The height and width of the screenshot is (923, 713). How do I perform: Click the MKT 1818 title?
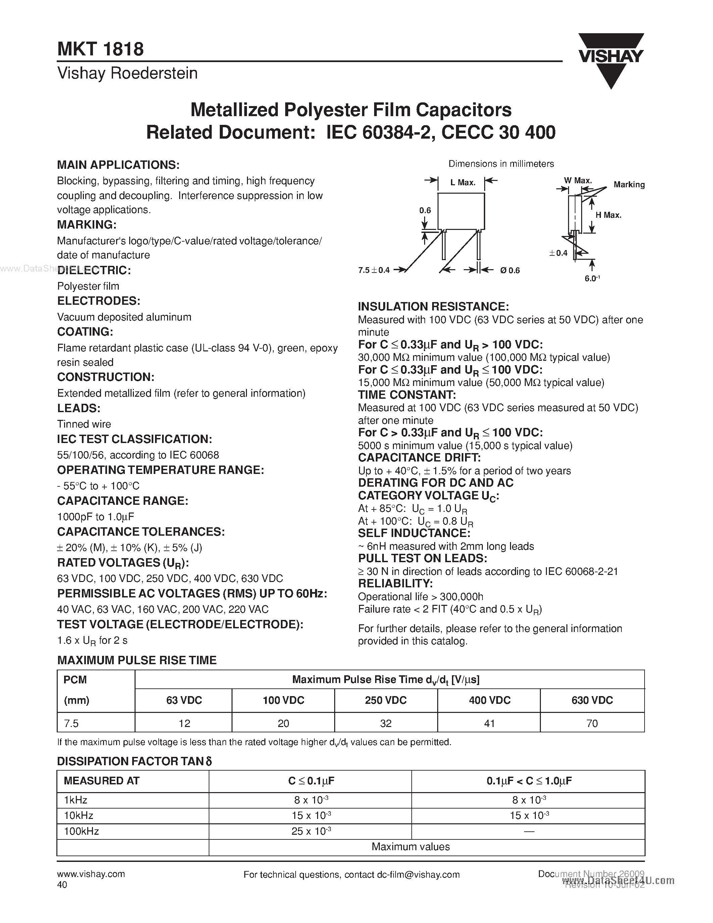[101, 49]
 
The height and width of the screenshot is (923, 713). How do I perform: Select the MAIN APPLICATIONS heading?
[118, 165]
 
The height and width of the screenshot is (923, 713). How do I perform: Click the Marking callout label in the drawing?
[629, 184]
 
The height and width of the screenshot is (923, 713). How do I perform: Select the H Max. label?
[608, 215]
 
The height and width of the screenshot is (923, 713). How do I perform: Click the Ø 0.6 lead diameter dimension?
[509, 271]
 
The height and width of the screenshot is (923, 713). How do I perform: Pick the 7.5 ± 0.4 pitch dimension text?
[374, 270]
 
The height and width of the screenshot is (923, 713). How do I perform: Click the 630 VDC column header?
[592, 700]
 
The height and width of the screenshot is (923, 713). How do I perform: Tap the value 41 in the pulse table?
[489, 724]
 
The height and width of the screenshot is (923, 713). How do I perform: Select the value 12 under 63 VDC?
[184, 724]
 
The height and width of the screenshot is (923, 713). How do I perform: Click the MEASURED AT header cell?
[101, 781]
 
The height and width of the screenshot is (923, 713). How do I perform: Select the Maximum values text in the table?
[411, 846]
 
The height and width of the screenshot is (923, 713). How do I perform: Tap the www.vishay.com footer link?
[91, 874]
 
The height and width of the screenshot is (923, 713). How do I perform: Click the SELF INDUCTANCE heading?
[414, 533]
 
